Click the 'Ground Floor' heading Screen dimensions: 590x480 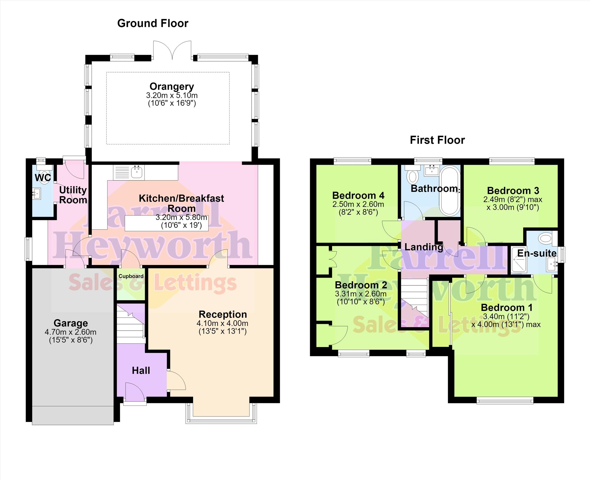point(153,23)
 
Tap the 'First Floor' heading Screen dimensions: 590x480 point(437,140)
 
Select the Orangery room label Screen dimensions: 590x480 point(172,87)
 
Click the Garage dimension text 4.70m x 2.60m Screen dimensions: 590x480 point(71,332)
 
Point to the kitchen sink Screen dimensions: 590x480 point(137,172)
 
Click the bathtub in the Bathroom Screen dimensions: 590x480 point(450,190)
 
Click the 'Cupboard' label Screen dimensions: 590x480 point(131,276)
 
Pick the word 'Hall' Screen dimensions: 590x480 point(141,370)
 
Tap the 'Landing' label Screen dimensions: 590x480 point(424,247)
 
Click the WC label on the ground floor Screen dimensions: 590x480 point(43,178)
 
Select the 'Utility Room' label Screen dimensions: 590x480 point(73,195)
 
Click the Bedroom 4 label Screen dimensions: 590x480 point(358,195)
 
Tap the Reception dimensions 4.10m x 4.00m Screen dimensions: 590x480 point(222,323)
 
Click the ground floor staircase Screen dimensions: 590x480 point(131,324)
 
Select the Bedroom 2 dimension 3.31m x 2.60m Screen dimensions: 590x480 point(361,294)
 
